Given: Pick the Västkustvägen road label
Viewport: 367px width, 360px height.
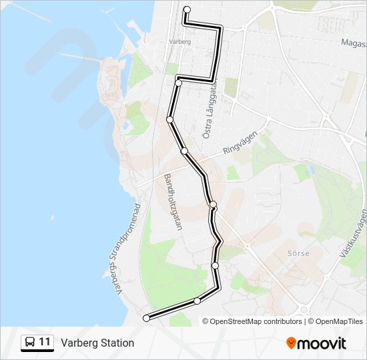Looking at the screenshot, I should coord(355,234).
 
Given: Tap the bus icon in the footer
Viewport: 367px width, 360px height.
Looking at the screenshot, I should coord(30,343).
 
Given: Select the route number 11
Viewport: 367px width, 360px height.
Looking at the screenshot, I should coord(45,343).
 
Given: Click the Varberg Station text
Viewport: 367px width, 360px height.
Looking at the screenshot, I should coord(97,343).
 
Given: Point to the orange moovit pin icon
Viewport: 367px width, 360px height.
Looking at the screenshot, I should coord(292,343).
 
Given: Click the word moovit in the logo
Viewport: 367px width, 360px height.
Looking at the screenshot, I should coord(323,343).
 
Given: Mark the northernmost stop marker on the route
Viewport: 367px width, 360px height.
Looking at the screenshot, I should coord(187,9).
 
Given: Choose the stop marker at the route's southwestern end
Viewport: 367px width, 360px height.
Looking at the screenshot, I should coord(147,318).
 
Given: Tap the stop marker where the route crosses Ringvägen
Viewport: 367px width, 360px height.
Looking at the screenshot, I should coord(184,151).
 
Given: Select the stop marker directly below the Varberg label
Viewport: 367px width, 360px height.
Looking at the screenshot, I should coord(179,83).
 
